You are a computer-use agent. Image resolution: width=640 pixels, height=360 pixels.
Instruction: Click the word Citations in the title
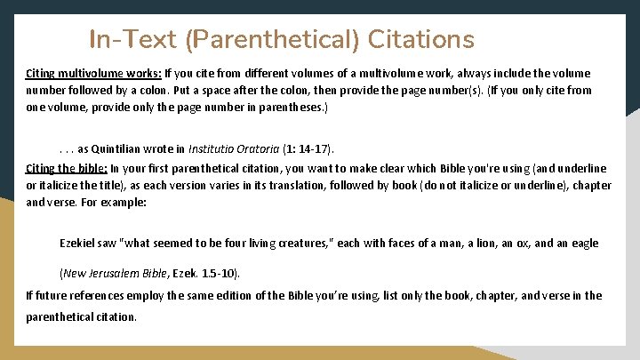click(x=419, y=40)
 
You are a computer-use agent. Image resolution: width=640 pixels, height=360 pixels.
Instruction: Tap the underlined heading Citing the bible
click(x=67, y=168)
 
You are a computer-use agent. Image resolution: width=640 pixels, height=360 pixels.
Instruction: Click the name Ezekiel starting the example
click(x=76, y=243)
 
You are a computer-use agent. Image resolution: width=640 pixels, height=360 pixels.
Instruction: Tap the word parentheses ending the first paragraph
click(x=293, y=107)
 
